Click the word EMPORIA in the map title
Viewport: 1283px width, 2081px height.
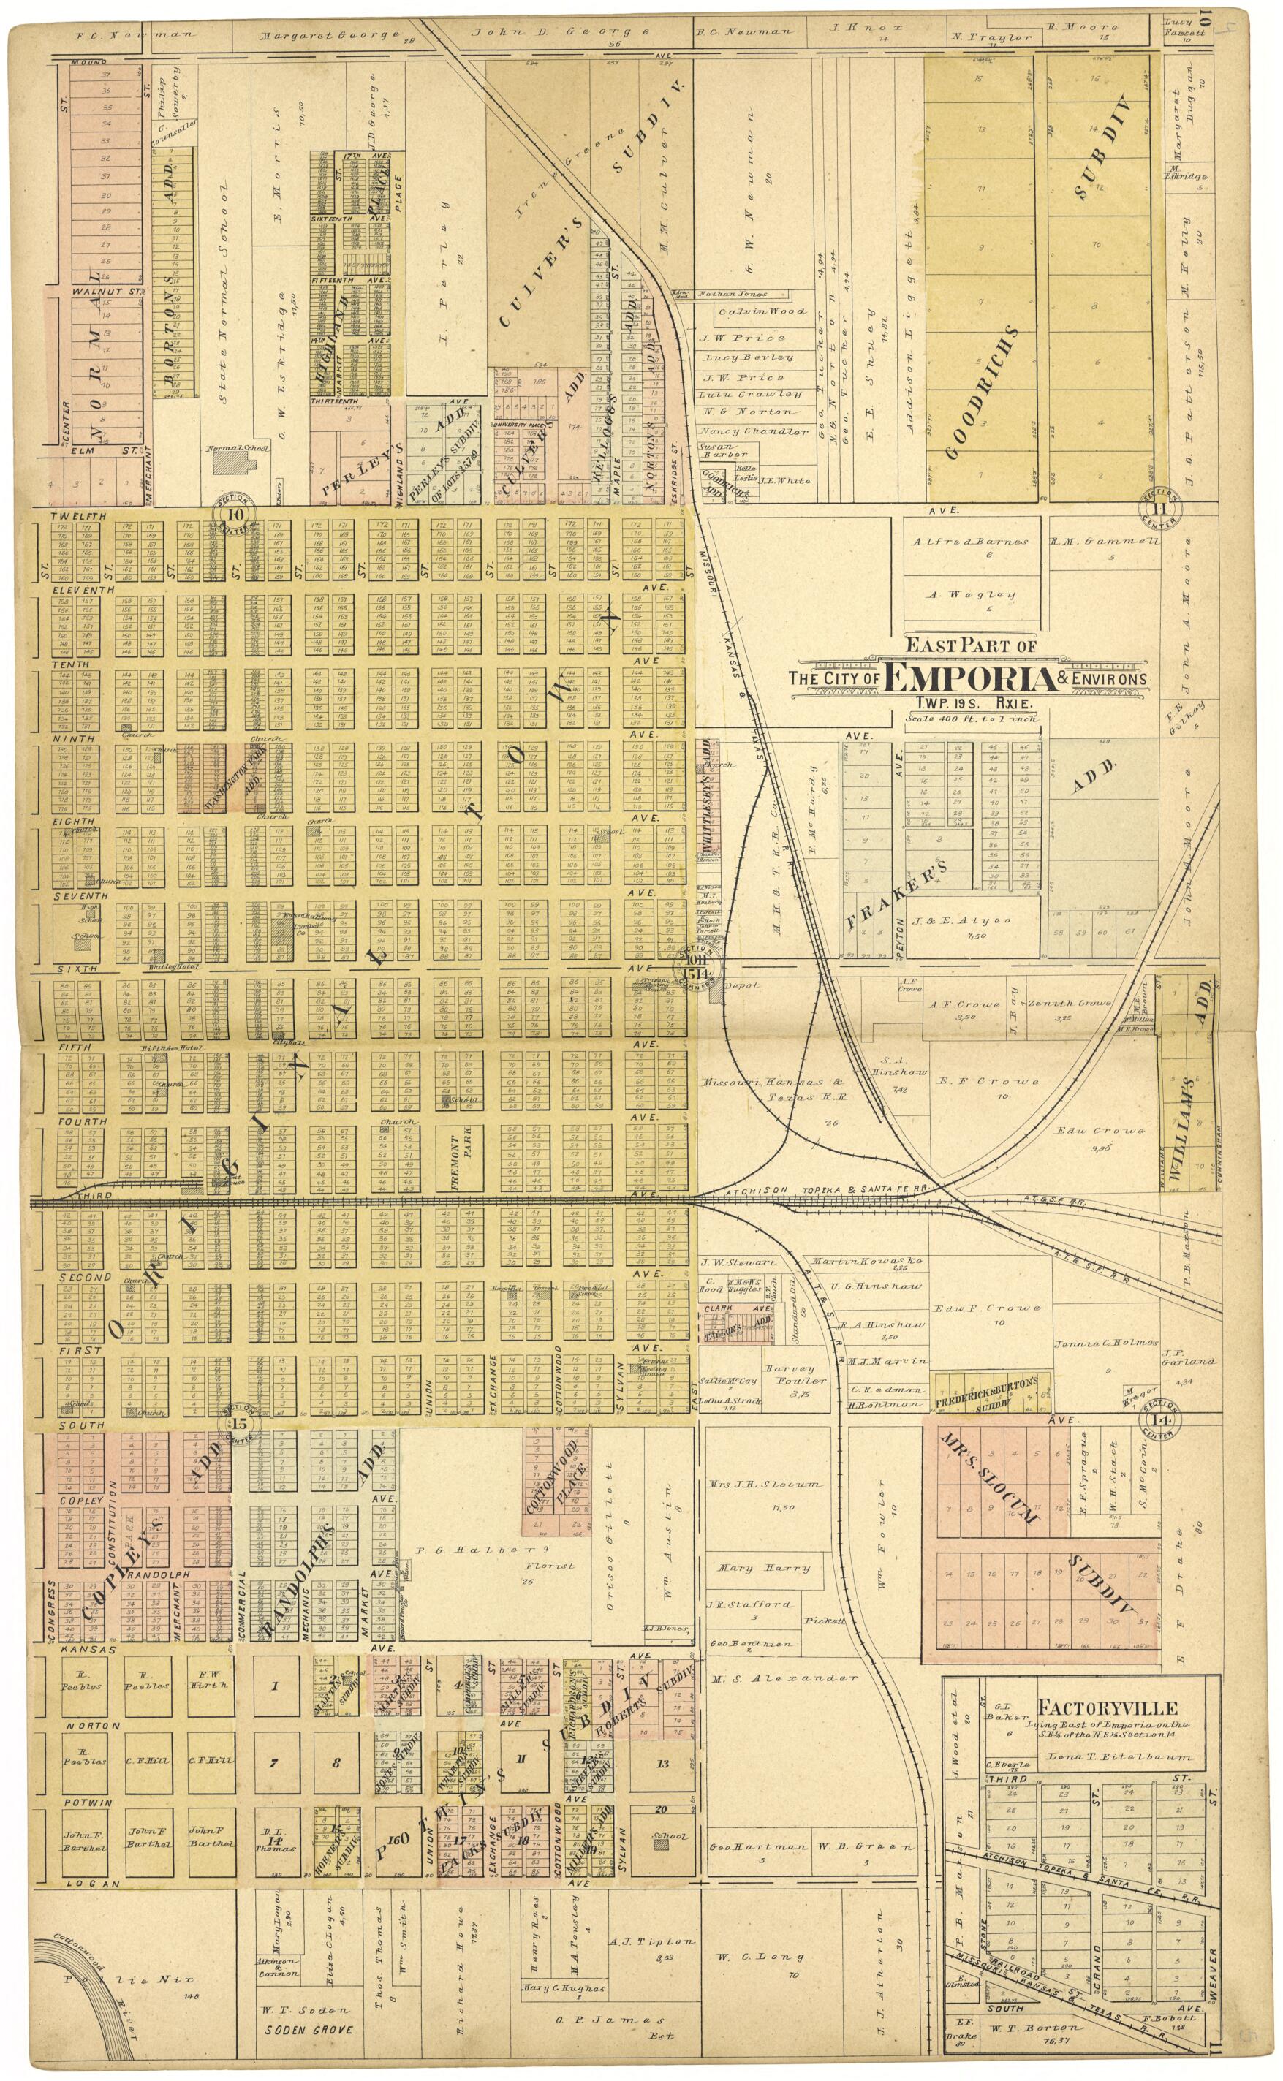click(968, 678)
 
